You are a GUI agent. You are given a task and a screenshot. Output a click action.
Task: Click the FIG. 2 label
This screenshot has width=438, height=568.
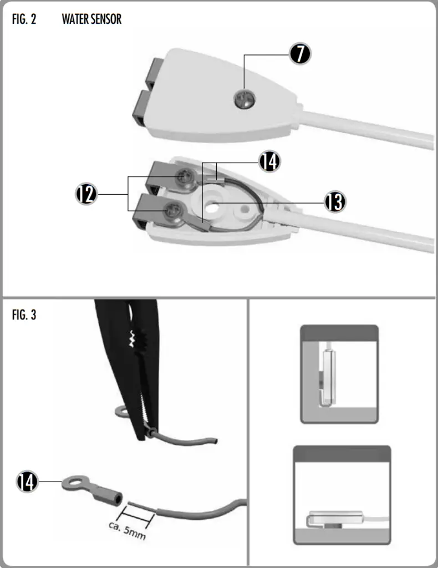click(24, 19)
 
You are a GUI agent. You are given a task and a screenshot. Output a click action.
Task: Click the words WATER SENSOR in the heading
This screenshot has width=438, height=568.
click(91, 19)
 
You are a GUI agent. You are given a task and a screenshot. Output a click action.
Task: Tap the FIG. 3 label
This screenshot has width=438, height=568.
click(24, 316)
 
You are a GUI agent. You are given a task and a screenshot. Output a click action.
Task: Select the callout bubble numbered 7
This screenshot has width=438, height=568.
click(299, 53)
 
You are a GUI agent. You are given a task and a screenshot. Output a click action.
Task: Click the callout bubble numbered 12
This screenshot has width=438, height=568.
click(86, 194)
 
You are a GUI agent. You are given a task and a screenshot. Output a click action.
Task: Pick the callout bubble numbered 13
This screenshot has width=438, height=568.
click(334, 202)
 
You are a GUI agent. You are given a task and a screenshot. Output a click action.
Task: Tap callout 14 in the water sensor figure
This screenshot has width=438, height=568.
click(269, 161)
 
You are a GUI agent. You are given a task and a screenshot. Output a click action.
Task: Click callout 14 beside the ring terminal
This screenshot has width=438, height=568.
click(27, 481)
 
